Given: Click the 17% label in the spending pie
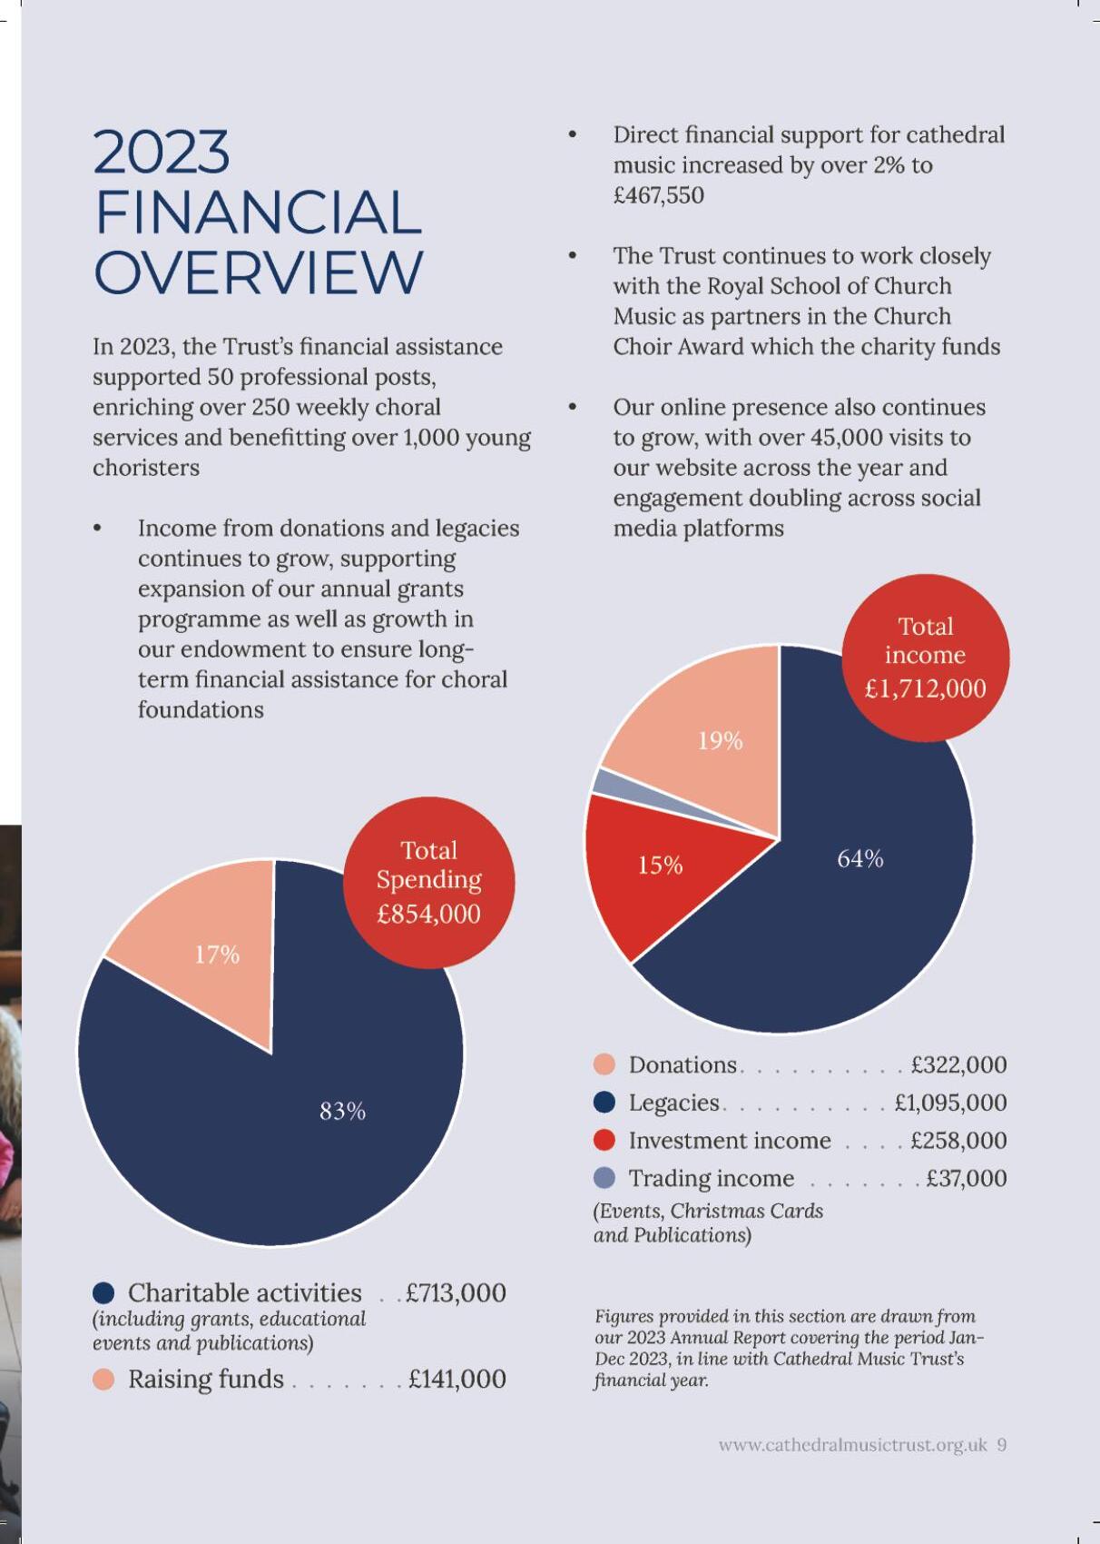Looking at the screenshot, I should click(217, 955).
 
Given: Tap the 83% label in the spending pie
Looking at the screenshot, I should click(342, 1111).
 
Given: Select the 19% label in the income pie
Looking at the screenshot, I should click(720, 741).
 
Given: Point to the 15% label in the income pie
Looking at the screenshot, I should click(660, 865).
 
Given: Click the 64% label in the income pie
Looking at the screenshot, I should click(859, 858).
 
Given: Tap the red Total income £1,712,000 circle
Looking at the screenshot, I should click(925, 657).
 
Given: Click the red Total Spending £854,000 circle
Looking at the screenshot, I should click(428, 881).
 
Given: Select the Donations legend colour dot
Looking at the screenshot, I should click(604, 1064).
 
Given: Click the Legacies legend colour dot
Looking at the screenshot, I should click(604, 1103).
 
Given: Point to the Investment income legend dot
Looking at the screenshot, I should click(604, 1140).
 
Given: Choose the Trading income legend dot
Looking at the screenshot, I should click(604, 1178).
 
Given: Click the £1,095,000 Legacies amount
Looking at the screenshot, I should click(950, 1103).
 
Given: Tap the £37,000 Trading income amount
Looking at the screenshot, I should click(966, 1178).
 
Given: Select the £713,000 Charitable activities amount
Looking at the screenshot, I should click(456, 1292).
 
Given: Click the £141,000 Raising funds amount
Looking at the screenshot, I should click(457, 1379).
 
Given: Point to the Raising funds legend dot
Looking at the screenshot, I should click(104, 1379).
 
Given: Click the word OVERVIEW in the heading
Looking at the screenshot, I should click(259, 272).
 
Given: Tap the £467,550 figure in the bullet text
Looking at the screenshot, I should click(658, 195).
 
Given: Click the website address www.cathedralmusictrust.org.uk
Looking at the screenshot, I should click(852, 1445).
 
